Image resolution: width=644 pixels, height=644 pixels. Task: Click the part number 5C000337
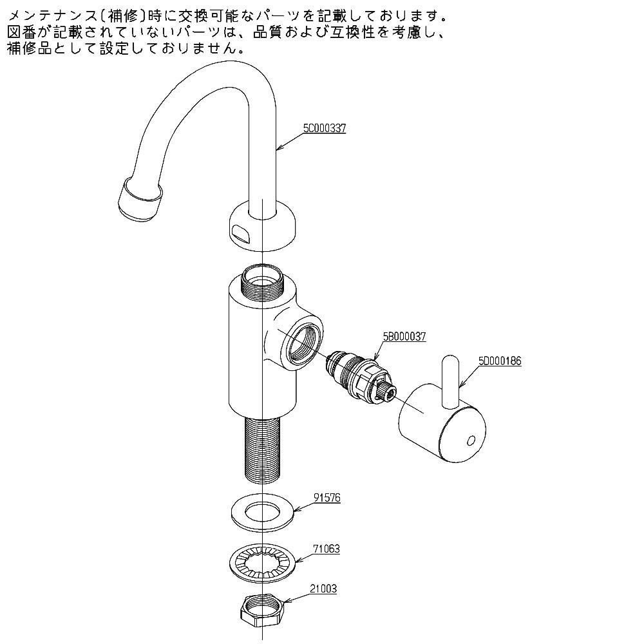(325, 128)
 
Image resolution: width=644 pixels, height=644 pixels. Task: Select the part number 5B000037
(404, 337)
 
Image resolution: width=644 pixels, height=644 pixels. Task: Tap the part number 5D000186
(500, 362)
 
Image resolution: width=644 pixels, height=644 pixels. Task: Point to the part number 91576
(327, 498)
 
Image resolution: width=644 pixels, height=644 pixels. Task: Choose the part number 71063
(327, 549)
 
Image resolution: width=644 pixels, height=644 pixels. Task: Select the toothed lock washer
(261, 560)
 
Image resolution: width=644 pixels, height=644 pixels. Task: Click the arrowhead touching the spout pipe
(278, 149)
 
